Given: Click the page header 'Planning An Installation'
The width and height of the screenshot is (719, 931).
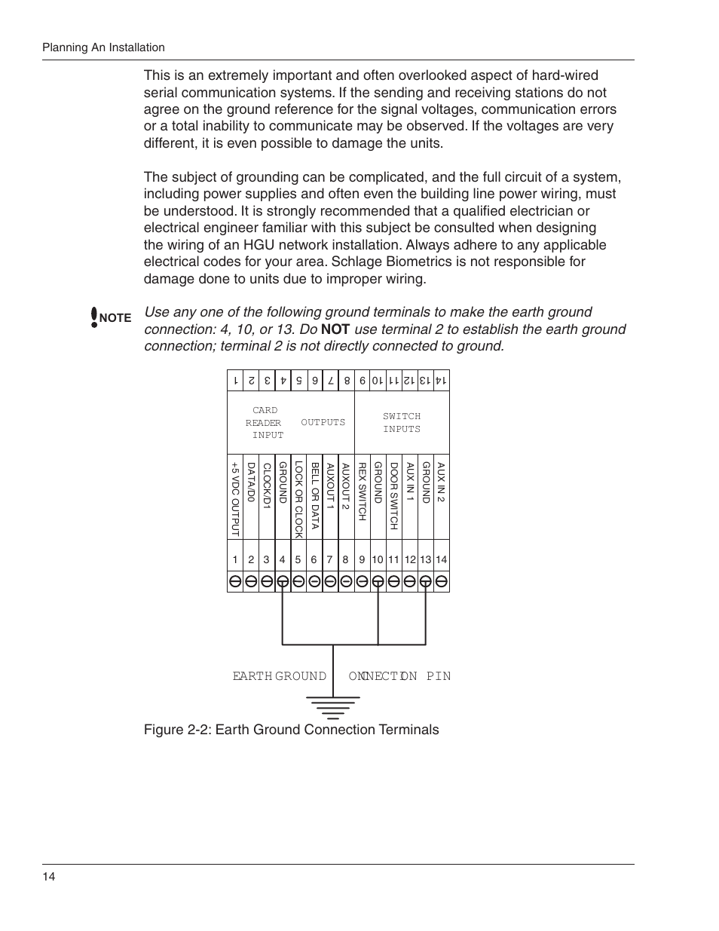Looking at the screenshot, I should click(103, 47).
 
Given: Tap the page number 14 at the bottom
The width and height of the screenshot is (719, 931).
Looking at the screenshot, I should click(49, 876).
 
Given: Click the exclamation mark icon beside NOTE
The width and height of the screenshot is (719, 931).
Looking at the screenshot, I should click(94, 317).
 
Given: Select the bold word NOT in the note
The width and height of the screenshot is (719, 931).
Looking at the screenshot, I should click(335, 329).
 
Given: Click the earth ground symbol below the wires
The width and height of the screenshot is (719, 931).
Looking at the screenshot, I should click(332, 707).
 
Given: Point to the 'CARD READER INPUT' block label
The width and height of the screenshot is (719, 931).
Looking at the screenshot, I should click(265, 423).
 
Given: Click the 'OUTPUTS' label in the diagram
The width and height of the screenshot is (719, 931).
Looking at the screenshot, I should click(323, 423).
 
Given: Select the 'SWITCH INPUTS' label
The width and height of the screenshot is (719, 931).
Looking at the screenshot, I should click(402, 423).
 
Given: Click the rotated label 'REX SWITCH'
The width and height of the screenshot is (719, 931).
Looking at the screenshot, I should click(362, 492).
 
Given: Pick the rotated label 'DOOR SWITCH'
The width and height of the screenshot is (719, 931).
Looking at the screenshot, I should click(393, 496).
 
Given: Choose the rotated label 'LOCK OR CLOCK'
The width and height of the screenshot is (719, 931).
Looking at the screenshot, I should click(298, 500).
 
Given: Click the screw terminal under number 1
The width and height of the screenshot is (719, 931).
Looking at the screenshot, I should click(235, 581).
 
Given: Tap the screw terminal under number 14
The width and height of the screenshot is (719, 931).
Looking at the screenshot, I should click(442, 581).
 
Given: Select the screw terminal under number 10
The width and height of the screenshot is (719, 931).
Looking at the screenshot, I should click(378, 581).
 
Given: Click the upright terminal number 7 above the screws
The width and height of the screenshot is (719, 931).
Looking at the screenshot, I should click(329, 559).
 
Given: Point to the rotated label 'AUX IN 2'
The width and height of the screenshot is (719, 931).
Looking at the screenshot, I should click(442, 482).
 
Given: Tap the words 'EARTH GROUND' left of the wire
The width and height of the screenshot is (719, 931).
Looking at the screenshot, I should click(279, 676).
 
